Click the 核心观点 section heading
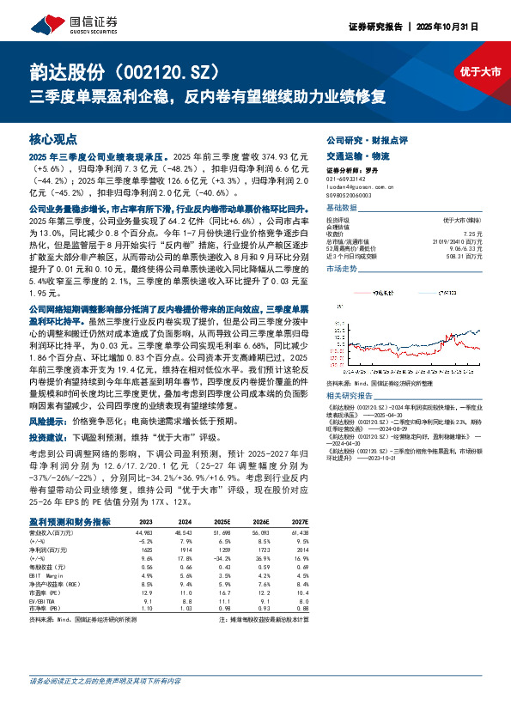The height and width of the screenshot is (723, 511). (54, 138)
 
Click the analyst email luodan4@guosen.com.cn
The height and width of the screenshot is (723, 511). (360, 185)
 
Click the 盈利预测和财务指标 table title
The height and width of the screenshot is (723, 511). (70, 520)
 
